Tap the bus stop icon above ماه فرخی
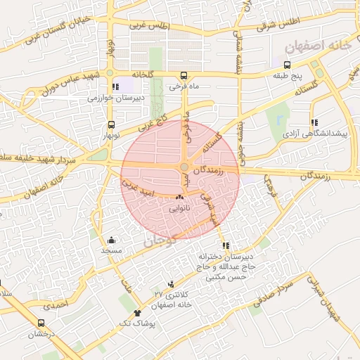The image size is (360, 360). (x=184, y=75)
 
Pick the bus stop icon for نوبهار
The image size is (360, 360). (x=112, y=122)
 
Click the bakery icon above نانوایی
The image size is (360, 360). (x=179, y=198)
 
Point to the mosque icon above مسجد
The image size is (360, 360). (x=111, y=240)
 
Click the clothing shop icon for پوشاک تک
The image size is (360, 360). (x=136, y=311)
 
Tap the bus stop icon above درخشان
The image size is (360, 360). (x=41, y=323)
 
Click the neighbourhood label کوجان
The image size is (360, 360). (x=158, y=242)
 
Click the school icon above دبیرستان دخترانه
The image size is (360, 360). (x=226, y=245)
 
